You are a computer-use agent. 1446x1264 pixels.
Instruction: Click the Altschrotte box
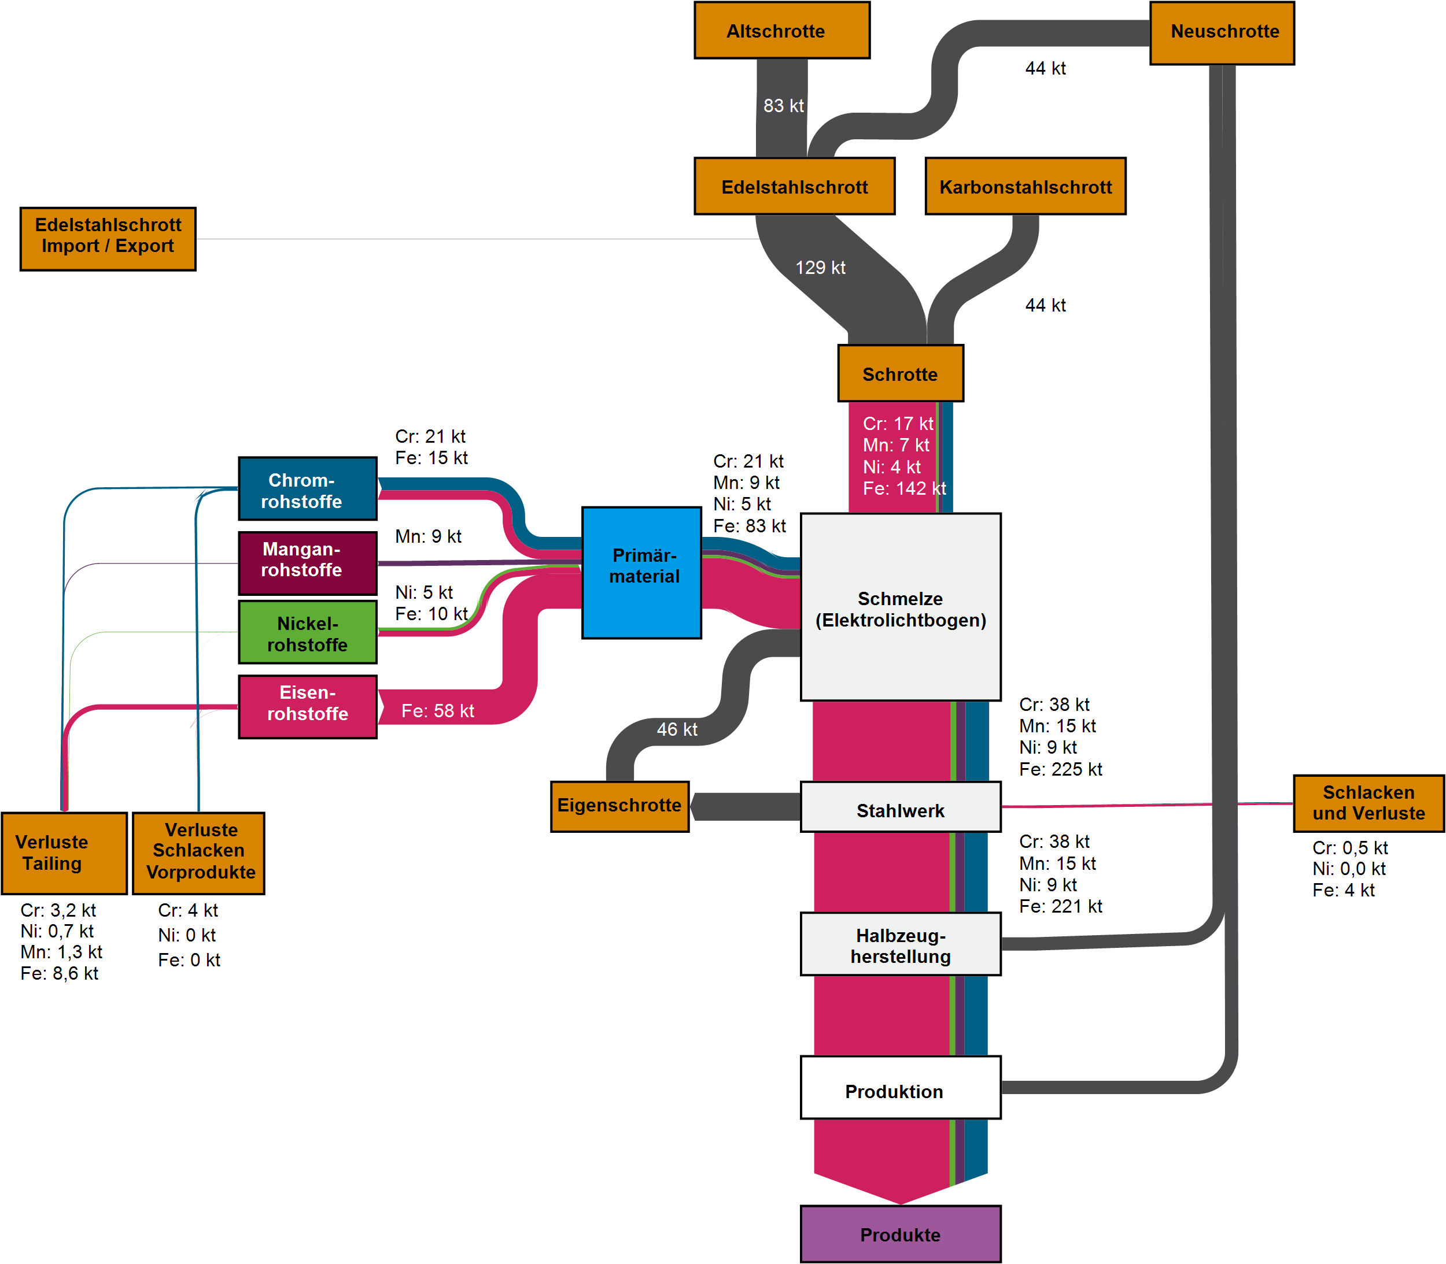tap(781, 30)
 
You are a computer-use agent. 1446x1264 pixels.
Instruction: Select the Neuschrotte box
tap(1222, 32)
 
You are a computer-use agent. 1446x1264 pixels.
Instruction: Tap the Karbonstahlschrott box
tap(1025, 186)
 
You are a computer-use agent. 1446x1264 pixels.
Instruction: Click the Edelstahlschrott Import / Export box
tap(108, 239)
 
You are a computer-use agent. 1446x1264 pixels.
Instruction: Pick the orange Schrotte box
tap(900, 373)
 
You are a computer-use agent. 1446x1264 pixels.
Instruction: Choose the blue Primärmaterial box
tap(641, 572)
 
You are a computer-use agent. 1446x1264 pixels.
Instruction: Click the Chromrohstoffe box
tap(308, 489)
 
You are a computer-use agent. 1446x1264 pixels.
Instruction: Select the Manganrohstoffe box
tap(308, 563)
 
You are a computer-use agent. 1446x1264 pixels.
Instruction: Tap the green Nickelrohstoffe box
tap(308, 632)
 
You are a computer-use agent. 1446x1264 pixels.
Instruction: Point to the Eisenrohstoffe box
tap(308, 707)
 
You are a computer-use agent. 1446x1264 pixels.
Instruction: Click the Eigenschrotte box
tap(619, 806)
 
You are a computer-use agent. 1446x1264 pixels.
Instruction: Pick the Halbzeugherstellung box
tap(900, 944)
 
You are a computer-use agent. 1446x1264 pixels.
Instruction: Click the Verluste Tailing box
tap(64, 852)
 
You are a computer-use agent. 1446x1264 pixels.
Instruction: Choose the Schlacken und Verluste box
tap(1368, 803)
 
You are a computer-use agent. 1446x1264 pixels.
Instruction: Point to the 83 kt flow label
tap(783, 106)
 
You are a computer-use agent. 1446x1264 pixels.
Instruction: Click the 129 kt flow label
tap(820, 268)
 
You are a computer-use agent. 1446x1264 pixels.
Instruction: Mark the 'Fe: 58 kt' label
tap(437, 711)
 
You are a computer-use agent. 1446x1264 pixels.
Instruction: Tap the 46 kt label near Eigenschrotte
tap(677, 729)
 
